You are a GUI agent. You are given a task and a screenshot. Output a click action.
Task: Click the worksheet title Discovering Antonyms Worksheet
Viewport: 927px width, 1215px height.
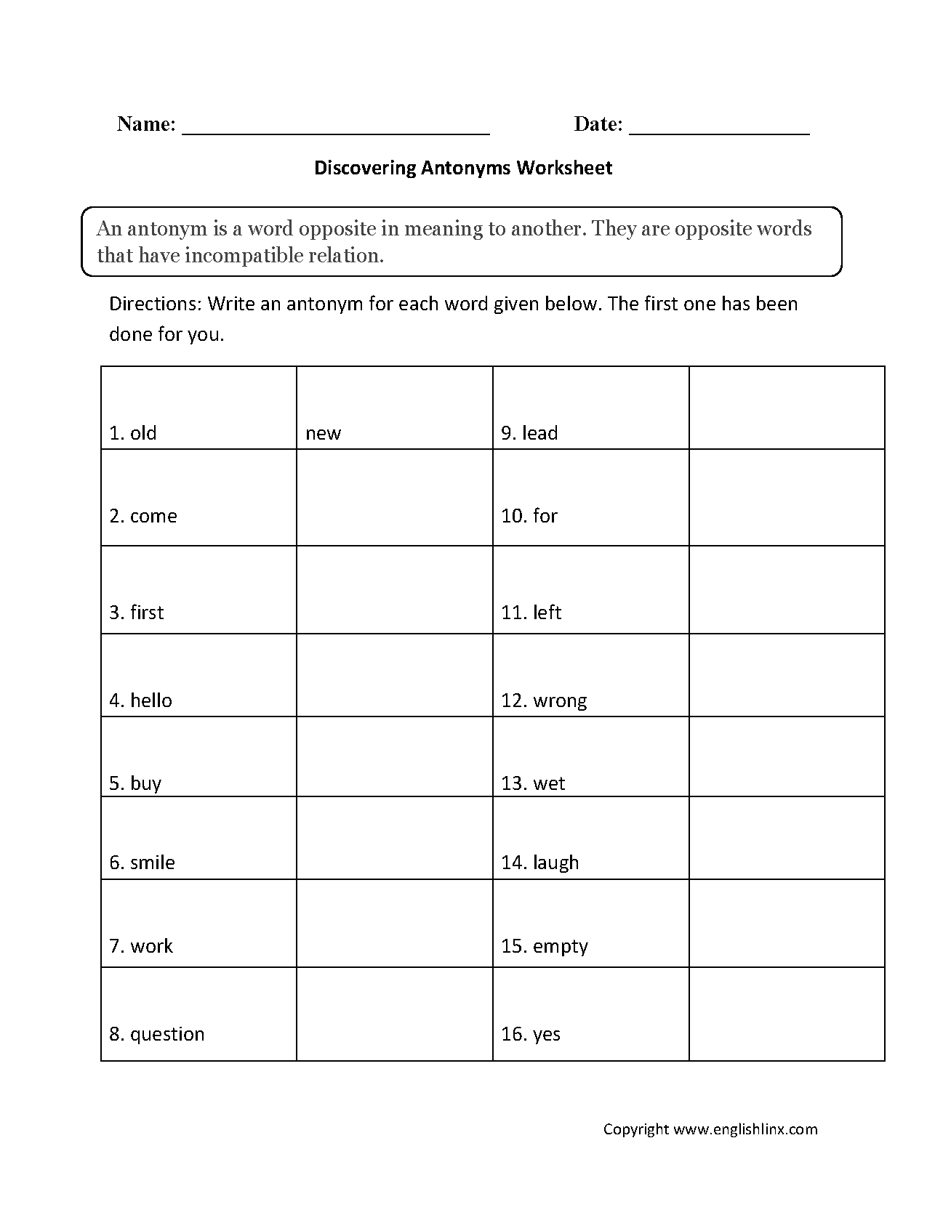tap(463, 168)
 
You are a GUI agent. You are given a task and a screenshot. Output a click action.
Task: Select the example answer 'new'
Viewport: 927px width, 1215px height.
tap(323, 433)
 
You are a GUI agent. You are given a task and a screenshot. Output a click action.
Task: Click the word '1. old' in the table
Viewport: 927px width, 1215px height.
tap(133, 433)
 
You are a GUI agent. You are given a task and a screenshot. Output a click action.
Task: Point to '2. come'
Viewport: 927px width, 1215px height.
tap(143, 516)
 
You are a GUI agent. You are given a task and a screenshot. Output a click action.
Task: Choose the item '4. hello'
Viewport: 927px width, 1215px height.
tap(141, 701)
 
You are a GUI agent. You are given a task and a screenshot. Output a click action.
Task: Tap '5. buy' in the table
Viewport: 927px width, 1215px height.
tap(135, 783)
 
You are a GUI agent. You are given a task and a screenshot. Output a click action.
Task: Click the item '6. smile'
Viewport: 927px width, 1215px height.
tap(143, 863)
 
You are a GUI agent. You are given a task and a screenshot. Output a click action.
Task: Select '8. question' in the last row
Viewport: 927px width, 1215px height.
tap(157, 1034)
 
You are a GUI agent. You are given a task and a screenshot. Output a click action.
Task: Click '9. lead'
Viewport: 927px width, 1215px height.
tap(529, 433)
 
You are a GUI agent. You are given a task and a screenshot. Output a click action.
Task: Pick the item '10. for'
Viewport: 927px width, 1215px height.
tap(529, 516)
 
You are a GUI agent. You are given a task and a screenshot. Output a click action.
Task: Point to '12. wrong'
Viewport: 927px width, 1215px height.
tap(544, 701)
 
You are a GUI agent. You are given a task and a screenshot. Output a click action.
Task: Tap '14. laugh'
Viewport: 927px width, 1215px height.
tap(540, 863)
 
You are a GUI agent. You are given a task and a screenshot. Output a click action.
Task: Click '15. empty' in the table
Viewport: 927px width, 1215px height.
tap(545, 946)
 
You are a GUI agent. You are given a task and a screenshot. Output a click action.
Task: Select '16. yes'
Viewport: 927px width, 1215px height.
tap(531, 1034)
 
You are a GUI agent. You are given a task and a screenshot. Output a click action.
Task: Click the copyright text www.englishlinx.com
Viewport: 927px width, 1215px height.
tap(745, 1129)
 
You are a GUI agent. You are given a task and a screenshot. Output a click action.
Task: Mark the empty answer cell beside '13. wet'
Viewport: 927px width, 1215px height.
tap(787, 757)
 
